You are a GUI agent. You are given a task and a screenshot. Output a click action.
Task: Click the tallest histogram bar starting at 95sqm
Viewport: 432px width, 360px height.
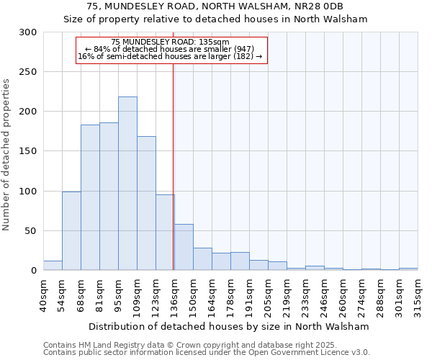point(127,184)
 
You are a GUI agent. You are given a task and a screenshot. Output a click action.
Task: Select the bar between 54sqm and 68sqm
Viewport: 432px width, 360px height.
point(71,230)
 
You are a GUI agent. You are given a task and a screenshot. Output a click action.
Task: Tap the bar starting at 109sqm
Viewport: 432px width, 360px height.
point(146,203)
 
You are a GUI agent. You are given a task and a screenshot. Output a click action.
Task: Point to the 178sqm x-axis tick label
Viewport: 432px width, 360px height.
point(230,295)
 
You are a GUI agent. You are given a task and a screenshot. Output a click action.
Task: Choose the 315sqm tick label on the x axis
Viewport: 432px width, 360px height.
point(418,295)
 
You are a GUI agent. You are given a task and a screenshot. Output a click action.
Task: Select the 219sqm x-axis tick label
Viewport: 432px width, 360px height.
point(287,295)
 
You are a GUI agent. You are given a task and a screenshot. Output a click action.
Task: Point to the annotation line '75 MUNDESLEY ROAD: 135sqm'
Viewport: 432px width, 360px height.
point(171,42)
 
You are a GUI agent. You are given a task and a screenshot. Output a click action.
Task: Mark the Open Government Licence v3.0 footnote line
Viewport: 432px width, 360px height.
point(207,353)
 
